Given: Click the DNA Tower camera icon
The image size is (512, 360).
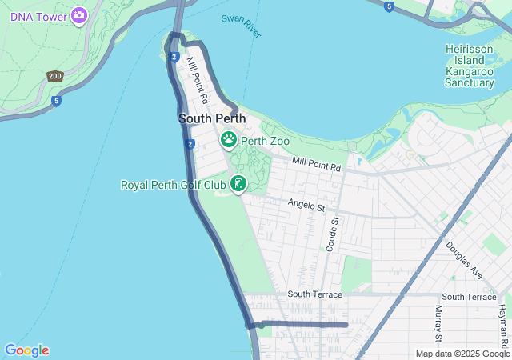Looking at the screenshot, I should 78,14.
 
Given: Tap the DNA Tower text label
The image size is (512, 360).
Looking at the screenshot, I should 38,15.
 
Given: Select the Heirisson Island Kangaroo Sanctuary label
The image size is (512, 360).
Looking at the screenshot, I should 470,66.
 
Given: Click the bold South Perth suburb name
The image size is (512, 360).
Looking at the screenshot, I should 212,118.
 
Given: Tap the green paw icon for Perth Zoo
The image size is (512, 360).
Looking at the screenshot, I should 229,141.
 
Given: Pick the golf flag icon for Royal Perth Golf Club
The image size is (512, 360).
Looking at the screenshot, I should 238,185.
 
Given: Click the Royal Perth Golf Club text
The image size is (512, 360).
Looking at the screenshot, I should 174,185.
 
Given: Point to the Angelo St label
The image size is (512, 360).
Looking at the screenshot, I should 307,206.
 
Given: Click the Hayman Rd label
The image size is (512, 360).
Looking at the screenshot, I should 502,319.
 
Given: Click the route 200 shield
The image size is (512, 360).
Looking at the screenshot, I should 54,76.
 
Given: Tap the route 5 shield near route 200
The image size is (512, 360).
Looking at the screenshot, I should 56,101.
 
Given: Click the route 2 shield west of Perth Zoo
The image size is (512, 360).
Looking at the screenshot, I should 190,144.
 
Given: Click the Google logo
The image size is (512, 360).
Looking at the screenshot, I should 26,350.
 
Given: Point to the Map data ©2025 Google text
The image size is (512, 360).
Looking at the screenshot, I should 462,354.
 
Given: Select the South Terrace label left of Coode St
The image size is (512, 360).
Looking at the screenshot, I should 314,294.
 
